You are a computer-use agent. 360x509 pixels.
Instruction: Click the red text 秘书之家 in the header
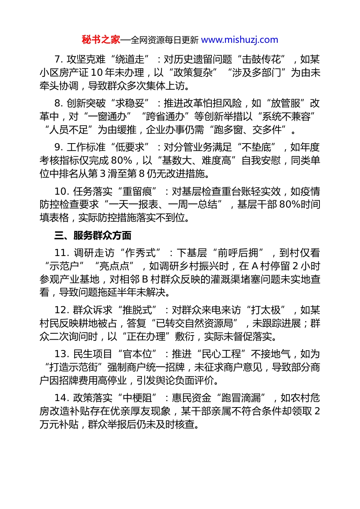pos(101,40)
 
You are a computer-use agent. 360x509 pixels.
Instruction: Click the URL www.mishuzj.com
pos(239,40)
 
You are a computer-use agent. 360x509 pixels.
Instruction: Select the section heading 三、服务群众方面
pos(93,236)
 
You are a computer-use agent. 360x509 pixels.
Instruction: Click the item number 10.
pos(61,191)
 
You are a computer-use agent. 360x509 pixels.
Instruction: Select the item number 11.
pos(61,253)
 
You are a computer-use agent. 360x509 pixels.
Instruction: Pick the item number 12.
pos(61,310)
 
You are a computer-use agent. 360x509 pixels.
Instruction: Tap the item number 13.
pos(61,354)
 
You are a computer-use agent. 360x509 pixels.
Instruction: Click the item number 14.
pos(61,398)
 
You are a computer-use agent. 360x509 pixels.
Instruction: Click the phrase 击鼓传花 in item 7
pos(261,59)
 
